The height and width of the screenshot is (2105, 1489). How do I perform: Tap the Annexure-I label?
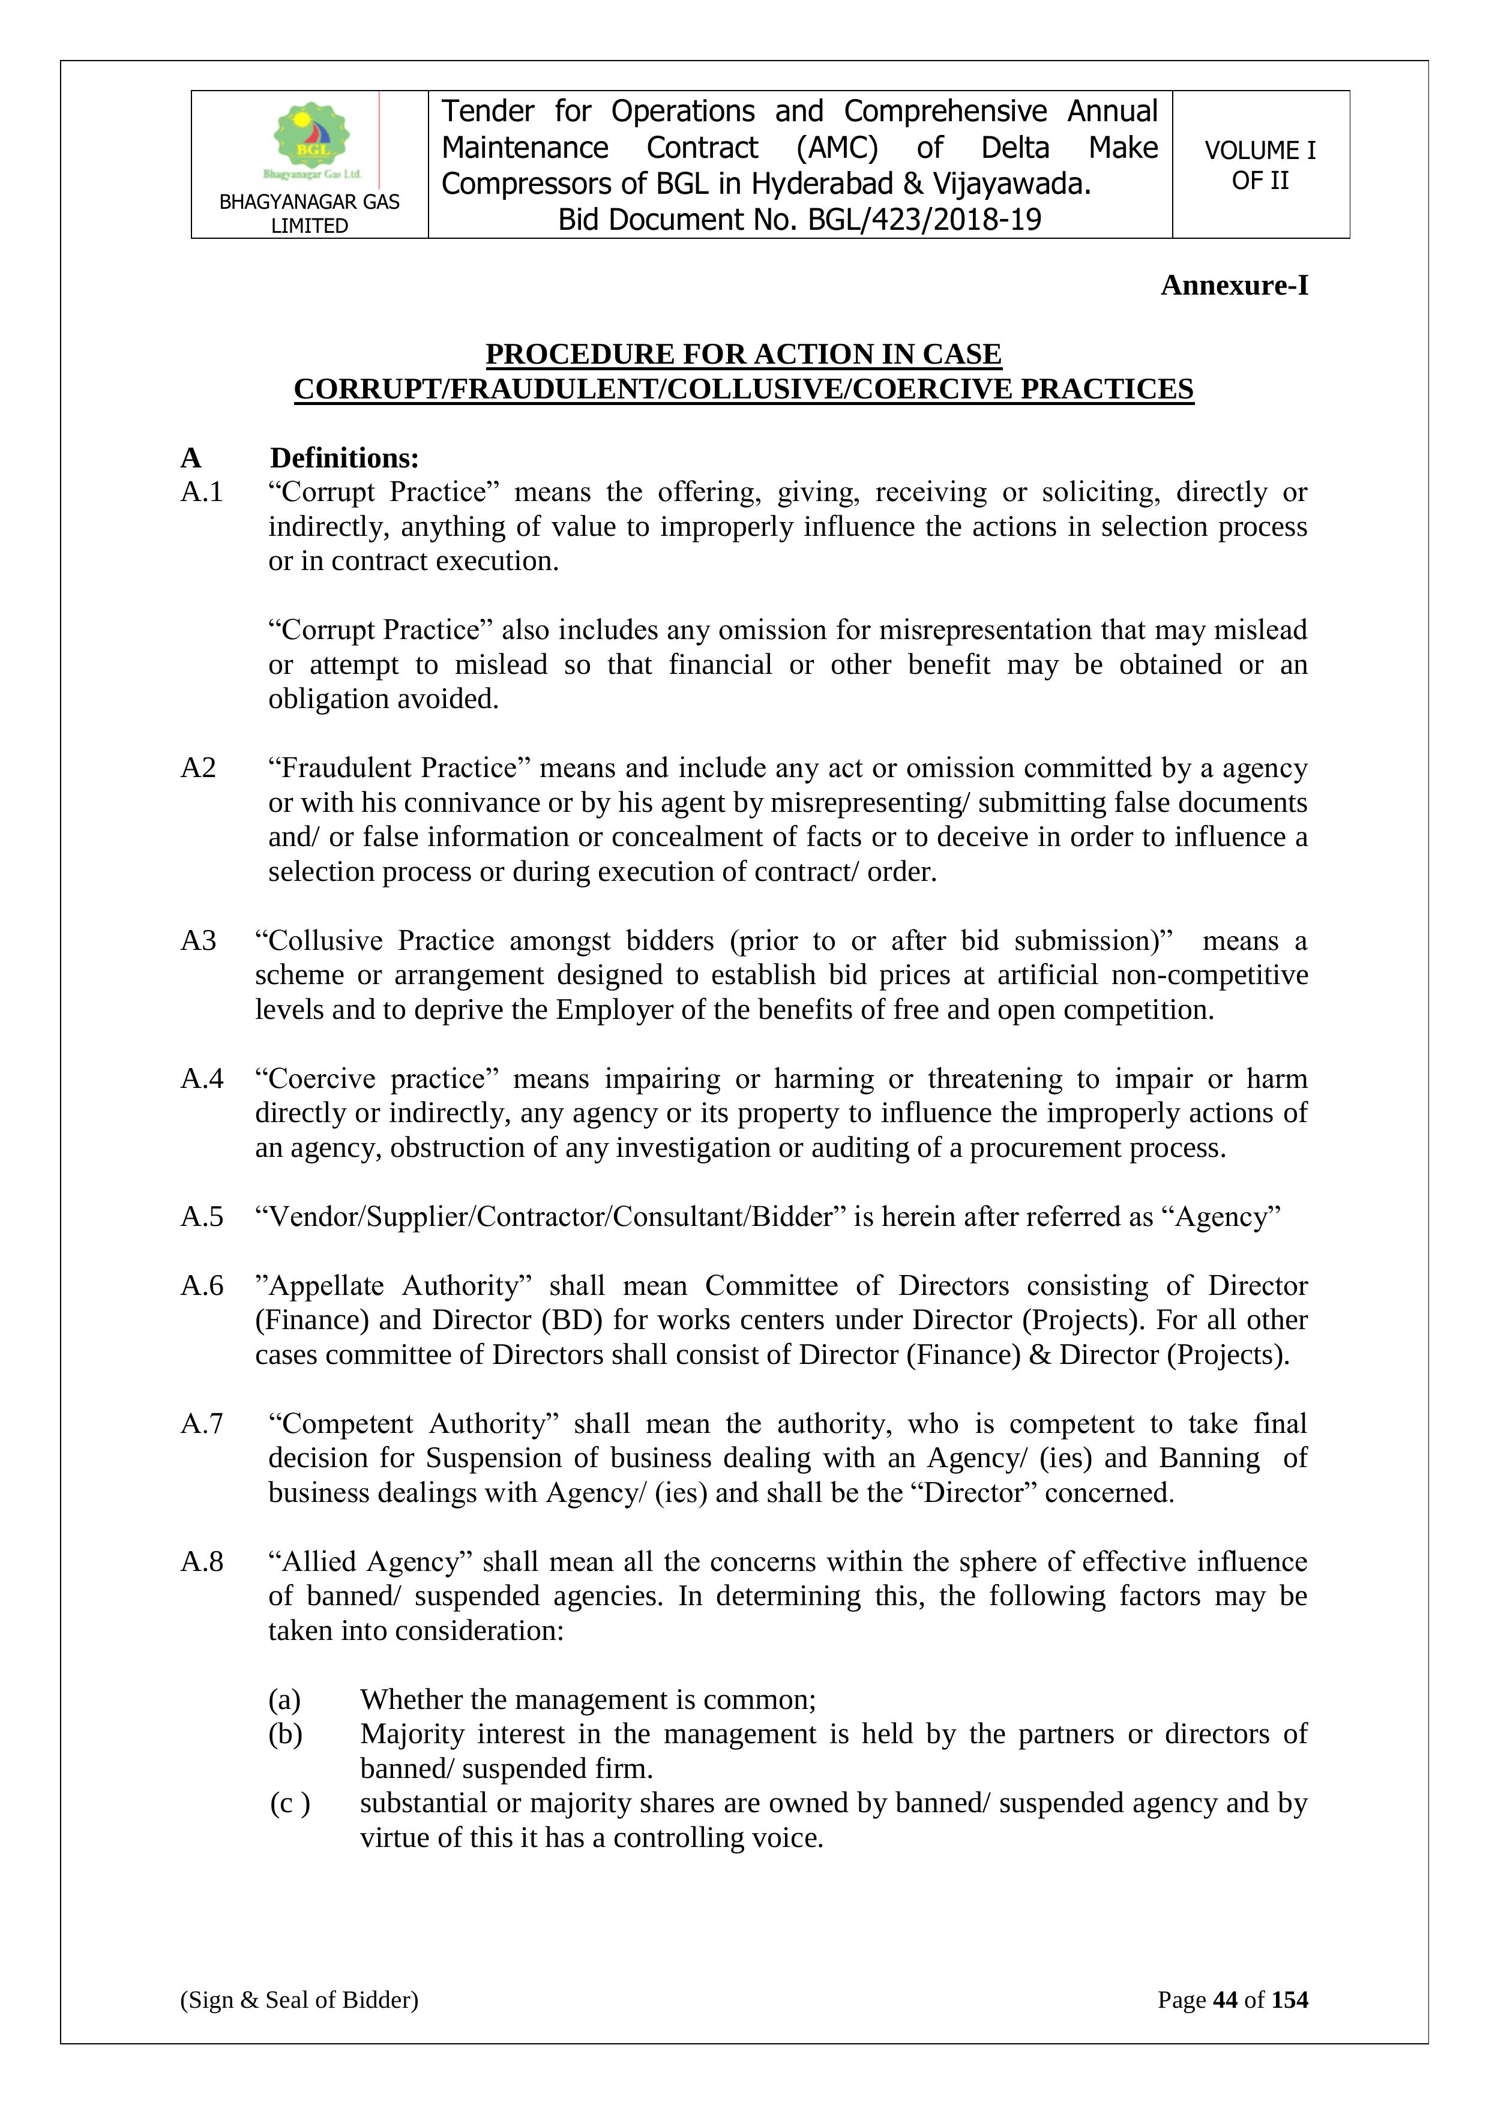[1234, 285]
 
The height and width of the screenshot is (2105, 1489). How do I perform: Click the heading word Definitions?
[344, 457]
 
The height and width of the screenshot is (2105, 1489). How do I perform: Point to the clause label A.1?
[202, 492]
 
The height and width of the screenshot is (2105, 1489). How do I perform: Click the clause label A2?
[198, 767]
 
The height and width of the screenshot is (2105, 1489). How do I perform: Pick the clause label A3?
[198, 941]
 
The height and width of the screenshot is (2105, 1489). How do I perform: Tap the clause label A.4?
[202, 1078]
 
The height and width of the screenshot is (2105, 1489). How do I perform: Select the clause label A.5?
[202, 1216]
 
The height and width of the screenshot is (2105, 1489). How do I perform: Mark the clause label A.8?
[202, 1561]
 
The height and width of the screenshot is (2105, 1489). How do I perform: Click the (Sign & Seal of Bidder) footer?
[299, 1999]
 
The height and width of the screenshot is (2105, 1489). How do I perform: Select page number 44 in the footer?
[1225, 1999]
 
